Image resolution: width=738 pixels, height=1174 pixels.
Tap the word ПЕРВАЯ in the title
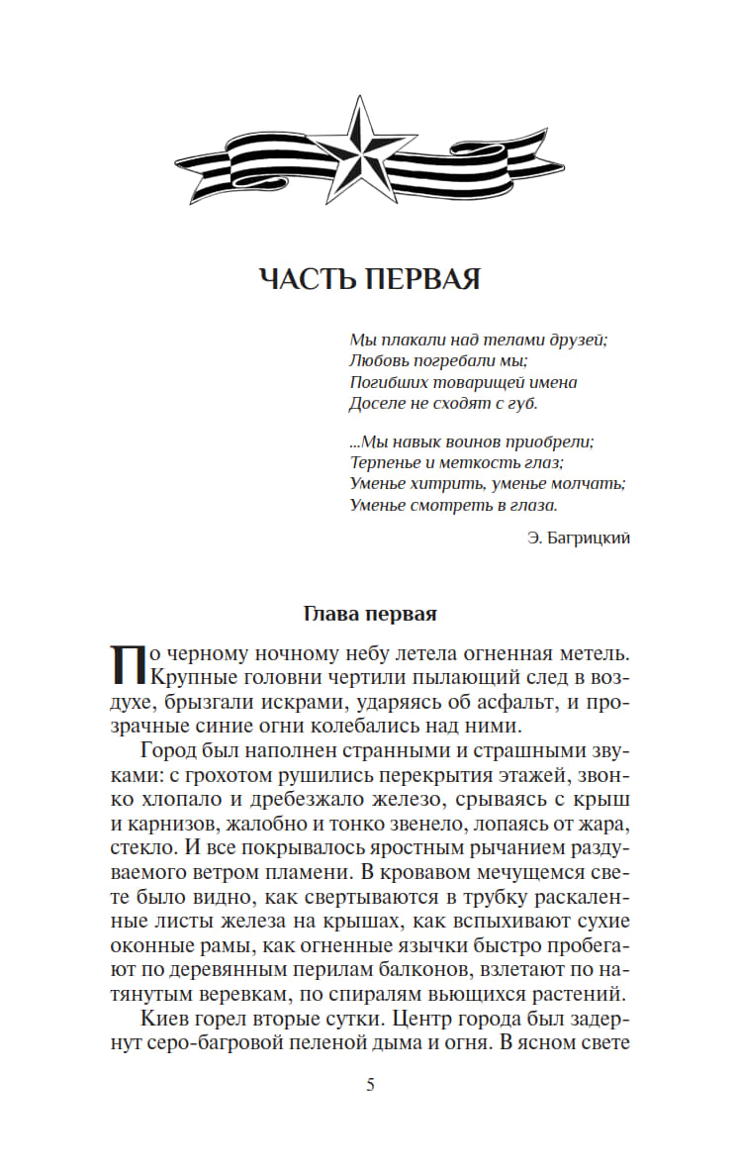[x=422, y=279]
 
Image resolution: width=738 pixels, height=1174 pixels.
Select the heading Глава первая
[x=369, y=613]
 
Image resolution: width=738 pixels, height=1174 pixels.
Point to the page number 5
[x=370, y=1084]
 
